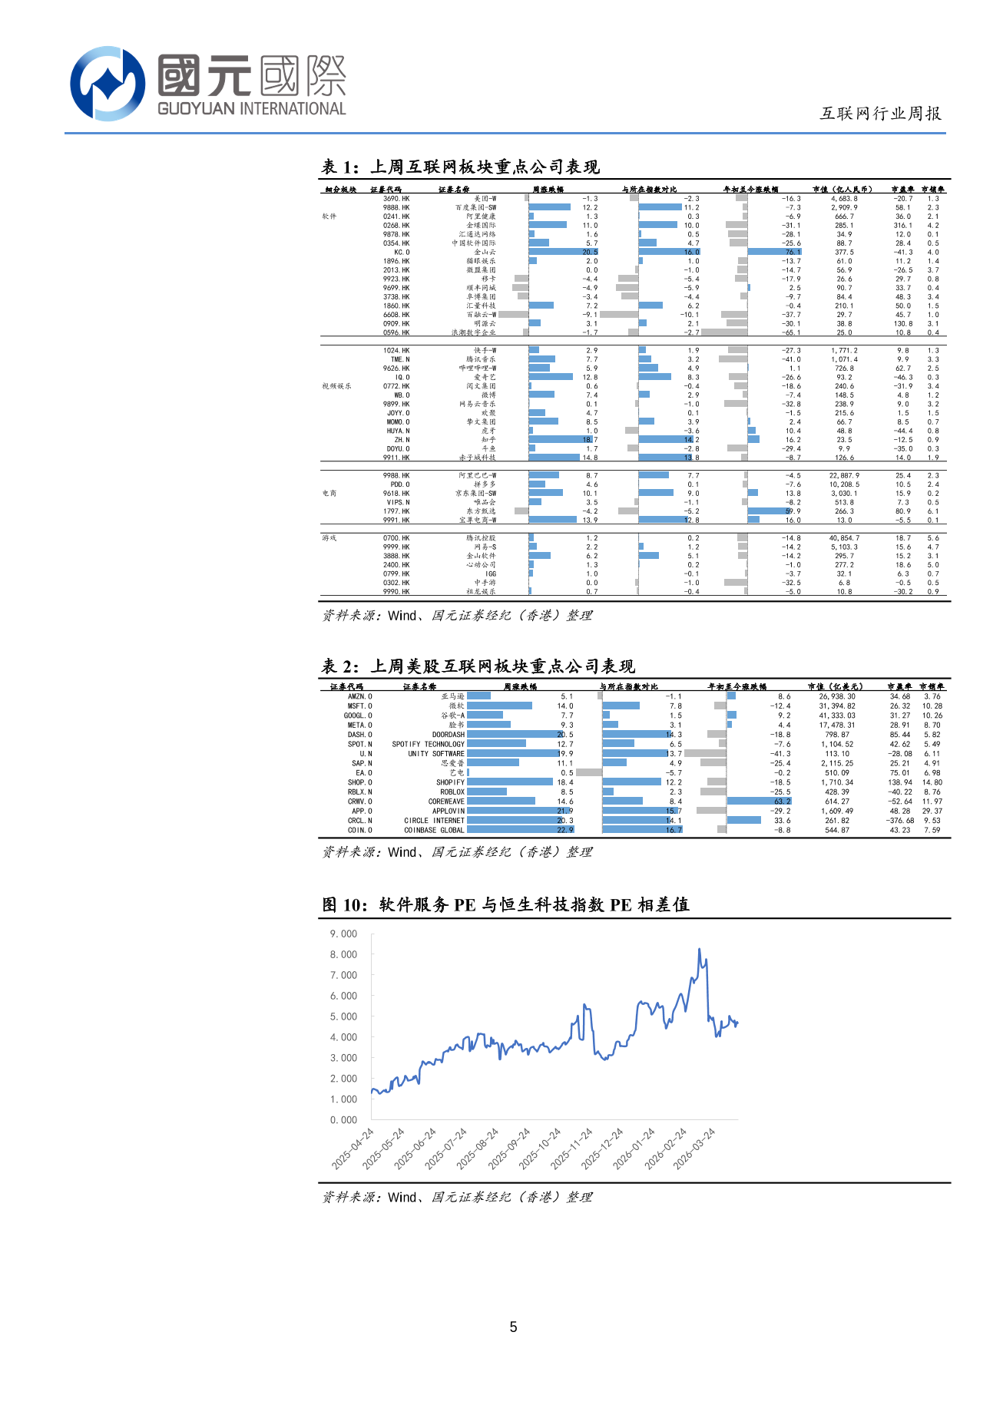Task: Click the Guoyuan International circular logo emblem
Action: point(108,84)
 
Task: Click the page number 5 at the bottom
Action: point(513,1327)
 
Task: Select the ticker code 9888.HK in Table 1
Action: point(396,207)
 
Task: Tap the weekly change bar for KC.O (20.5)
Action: point(563,252)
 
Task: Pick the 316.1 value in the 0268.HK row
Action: point(902,226)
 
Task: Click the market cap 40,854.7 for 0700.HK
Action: point(844,538)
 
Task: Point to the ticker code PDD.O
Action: point(399,484)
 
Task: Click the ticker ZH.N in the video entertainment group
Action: point(402,440)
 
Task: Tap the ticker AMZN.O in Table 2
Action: point(359,696)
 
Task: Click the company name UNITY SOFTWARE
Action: point(436,754)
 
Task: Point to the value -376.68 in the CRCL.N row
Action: point(899,821)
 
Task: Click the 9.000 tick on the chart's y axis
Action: point(343,934)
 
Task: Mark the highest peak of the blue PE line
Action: point(699,949)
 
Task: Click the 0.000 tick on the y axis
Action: point(343,1120)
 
